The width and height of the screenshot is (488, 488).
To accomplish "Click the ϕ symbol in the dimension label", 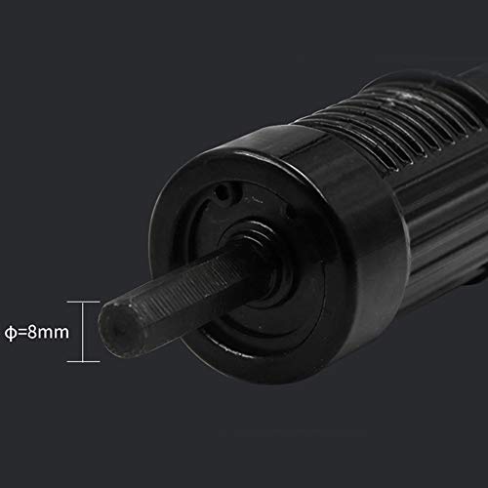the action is click(x=11, y=333).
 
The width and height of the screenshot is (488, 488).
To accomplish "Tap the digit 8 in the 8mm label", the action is click(x=32, y=332).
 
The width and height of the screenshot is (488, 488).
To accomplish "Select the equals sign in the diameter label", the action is click(x=21, y=333).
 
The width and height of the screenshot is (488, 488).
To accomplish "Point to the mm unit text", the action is click(x=54, y=334).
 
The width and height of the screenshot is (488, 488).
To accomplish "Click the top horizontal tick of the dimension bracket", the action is click(x=83, y=302).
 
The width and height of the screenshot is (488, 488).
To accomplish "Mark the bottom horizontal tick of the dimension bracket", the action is click(x=83, y=361).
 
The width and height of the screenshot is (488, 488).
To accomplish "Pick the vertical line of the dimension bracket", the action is click(x=83, y=332).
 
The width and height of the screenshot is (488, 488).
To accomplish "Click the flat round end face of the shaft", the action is click(x=121, y=329).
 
